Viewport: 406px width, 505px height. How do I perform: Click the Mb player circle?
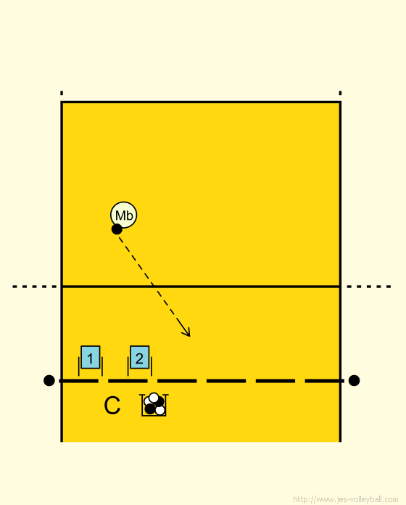coord(123,215)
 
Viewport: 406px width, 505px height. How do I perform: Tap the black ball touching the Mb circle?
coord(117,229)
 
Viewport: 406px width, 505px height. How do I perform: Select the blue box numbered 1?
coord(91,357)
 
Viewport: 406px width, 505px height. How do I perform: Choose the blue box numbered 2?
coord(140,357)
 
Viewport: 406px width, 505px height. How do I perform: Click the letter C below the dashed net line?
coord(112,406)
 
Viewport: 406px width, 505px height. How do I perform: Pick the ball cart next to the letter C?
coord(154,405)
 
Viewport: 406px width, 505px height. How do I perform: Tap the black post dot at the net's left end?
coord(49,380)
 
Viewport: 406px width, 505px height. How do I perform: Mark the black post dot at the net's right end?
coord(354,380)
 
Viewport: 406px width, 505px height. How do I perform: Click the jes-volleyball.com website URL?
coord(346,499)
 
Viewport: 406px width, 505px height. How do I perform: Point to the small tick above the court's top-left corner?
coord(62,93)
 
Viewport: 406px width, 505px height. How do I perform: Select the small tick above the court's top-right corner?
coord(340,93)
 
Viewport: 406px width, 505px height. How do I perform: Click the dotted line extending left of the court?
coord(34,287)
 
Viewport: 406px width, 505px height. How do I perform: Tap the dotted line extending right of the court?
coord(369,287)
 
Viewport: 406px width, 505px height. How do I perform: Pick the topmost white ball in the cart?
coord(154,398)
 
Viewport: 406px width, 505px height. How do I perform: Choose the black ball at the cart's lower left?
coord(150,409)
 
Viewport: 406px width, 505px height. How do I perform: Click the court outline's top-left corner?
coord(62,102)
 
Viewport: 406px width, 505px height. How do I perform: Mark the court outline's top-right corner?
coord(340,102)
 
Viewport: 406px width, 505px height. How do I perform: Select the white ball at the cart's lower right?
coord(160,411)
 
